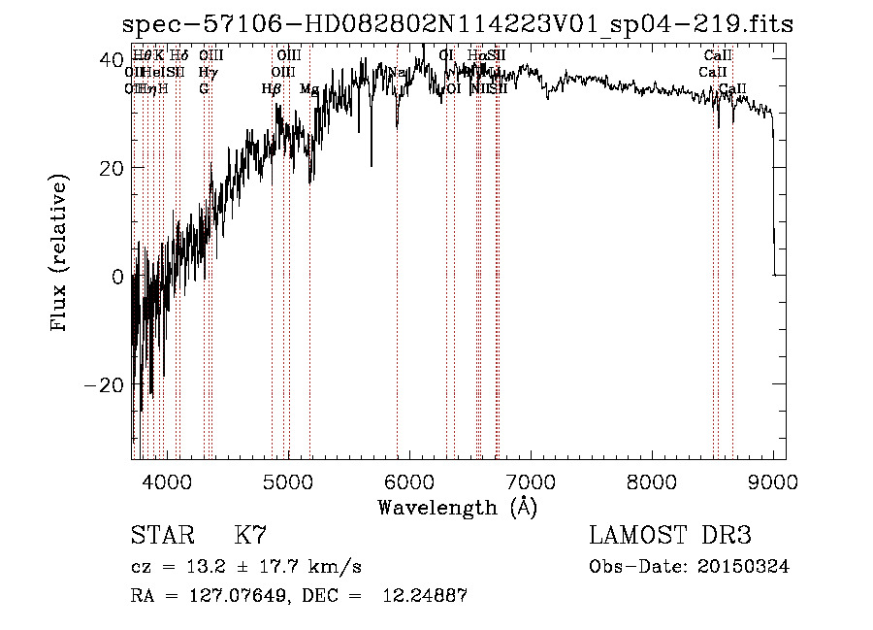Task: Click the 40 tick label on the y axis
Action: click(109, 59)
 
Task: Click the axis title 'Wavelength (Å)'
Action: click(457, 507)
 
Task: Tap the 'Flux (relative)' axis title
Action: click(60, 254)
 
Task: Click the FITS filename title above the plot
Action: click(457, 24)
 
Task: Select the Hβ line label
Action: click(271, 89)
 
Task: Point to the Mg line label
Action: click(308, 89)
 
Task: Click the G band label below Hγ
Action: click(204, 88)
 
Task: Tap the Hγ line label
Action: click(207, 72)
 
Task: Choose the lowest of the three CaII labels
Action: click(733, 89)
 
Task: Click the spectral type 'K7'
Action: click(250, 536)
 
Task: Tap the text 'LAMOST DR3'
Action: click(669, 536)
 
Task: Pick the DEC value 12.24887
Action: click(427, 596)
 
